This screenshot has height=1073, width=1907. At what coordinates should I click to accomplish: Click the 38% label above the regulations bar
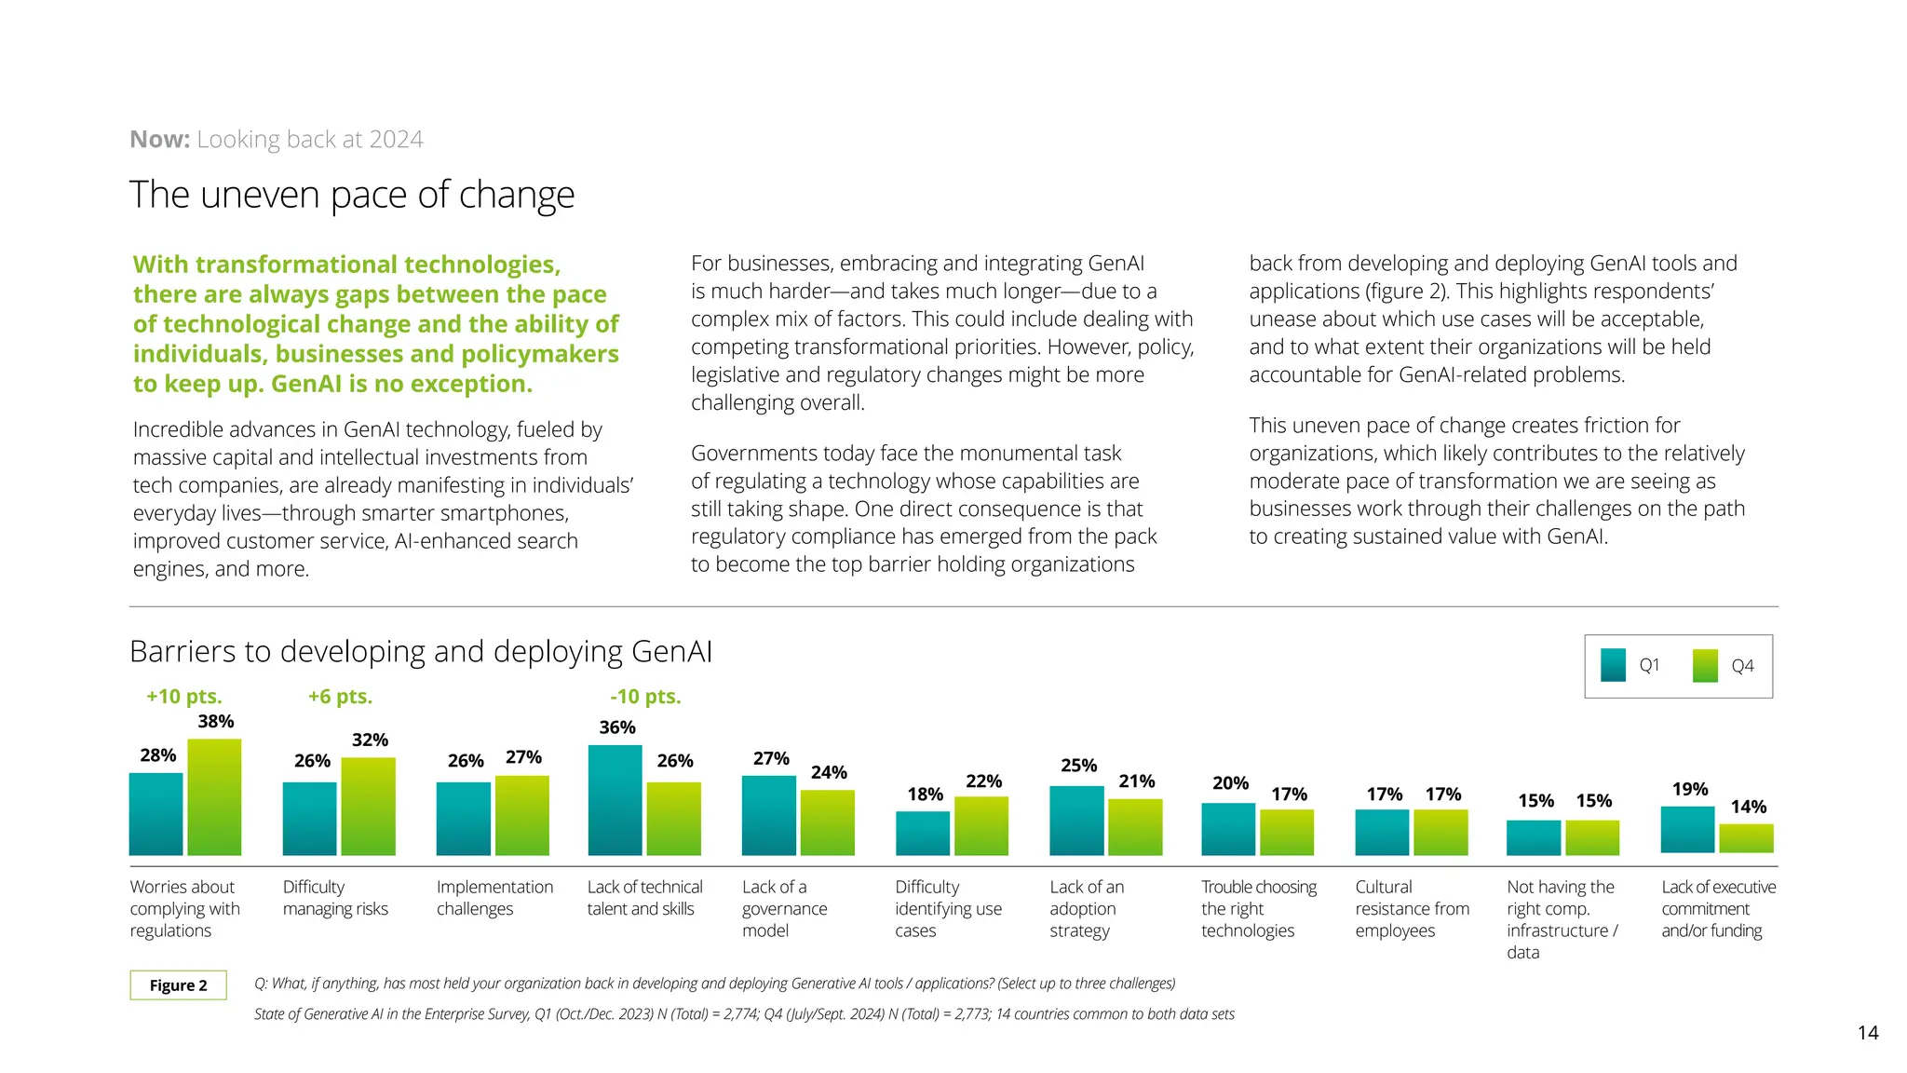pyautogui.click(x=215, y=722)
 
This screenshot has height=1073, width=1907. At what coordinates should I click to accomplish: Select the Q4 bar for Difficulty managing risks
pyautogui.click(x=368, y=807)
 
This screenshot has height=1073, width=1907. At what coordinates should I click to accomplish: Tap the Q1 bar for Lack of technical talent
pyautogui.click(x=615, y=800)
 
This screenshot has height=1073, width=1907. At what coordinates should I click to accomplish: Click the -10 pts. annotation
pyautogui.click(x=645, y=697)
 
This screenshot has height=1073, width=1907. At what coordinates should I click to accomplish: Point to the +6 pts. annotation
pyautogui.click(x=340, y=697)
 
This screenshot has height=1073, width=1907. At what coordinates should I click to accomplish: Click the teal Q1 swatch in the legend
pyautogui.click(x=1613, y=665)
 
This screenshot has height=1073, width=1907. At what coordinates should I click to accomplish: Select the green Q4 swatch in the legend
pyautogui.click(x=1705, y=665)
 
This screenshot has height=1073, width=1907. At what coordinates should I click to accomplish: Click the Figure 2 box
pyautogui.click(x=178, y=985)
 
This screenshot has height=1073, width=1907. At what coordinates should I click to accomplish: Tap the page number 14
pyautogui.click(x=1867, y=1032)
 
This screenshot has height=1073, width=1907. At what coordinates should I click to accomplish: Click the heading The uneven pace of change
pyautogui.click(x=352, y=195)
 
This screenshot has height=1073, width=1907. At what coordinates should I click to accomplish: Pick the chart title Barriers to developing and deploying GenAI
pyautogui.click(x=420, y=651)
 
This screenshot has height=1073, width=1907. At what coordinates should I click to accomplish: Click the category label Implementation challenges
pyautogui.click(x=494, y=898)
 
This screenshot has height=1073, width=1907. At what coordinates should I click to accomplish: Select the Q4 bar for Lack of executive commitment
pyautogui.click(x=1746, y=838)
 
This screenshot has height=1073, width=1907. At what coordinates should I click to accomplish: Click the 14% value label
pyautogui.click(x=1748, y=807)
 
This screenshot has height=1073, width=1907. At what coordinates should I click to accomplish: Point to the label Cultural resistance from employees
pyautogui.click(x=1412, y=908)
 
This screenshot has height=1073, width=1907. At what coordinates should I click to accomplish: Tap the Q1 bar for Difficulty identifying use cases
pyautogui.click(x=922, y=834)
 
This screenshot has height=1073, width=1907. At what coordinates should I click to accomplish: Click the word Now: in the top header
pyautogui.click(x=159, y=140)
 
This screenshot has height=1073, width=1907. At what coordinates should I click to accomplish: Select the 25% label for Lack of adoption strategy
pyautogui.click(x=1078, y=766)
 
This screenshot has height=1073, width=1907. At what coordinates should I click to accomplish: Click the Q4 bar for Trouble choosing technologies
pyautogui.click(x=1287, y=833)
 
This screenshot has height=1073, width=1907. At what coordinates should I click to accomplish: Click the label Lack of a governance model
pyautogui.click(x=784, y=908)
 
